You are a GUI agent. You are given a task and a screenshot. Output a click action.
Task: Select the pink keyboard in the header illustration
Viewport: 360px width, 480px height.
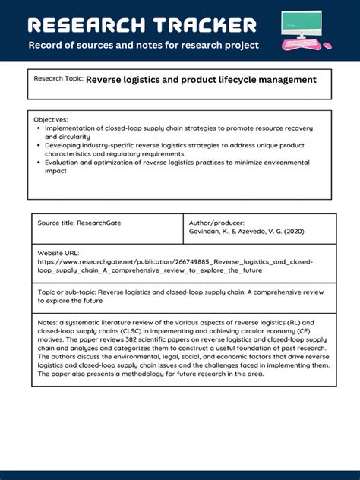302,44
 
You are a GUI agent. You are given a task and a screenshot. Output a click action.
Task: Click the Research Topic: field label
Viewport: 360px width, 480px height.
58,79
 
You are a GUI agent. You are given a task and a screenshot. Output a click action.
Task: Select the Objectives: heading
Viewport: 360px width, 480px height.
51,120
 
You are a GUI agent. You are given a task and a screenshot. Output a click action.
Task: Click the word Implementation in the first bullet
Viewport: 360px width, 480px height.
74,128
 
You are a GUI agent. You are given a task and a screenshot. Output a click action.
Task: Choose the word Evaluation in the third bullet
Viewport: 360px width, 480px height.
66,163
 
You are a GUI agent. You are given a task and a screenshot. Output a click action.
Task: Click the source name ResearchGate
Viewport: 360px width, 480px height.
99,223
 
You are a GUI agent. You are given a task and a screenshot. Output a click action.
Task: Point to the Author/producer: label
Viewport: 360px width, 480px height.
217,223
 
